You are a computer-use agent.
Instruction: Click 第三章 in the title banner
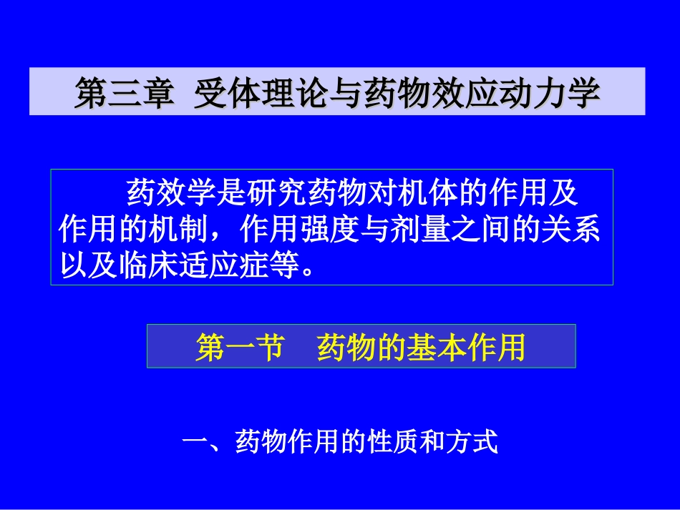124,94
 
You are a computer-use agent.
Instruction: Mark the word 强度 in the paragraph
337,230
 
